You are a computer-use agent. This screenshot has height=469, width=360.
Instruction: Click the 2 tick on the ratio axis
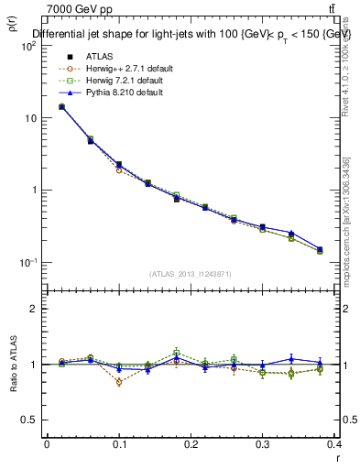(35, 309)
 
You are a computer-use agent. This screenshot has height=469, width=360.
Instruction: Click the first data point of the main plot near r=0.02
(61, 107)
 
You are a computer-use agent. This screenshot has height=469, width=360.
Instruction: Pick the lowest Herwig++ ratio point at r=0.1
(119, 382)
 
